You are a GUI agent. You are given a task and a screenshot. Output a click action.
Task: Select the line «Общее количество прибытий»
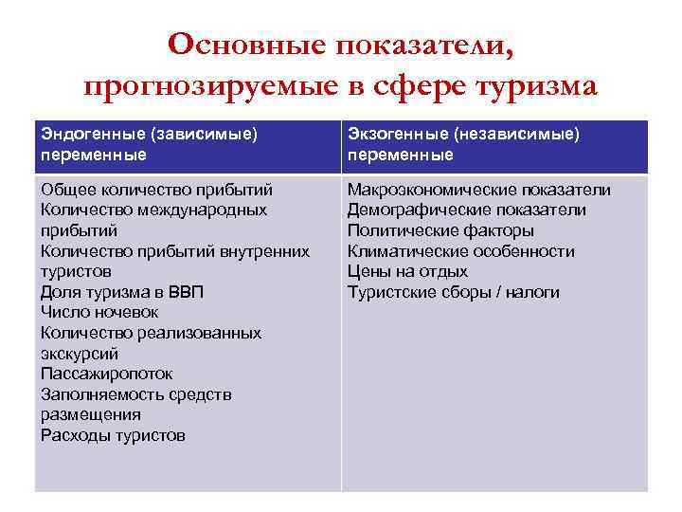coord(156,190)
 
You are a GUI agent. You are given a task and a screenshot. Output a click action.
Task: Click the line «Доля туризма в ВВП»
coord(122,292)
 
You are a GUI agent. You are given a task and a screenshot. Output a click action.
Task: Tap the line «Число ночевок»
coord(99,312)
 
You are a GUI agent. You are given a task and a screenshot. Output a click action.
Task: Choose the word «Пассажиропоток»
coord(107,374)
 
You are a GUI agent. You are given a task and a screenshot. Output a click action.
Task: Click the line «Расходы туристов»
coord(113,435)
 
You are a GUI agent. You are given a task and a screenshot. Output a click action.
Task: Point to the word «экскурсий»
coord(80,354)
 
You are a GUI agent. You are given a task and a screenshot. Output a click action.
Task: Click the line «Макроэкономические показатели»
coord(478,190)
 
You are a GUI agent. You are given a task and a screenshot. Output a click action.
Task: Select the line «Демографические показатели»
coord(466,210)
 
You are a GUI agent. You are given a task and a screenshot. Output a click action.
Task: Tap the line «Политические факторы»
coord(440,230)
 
